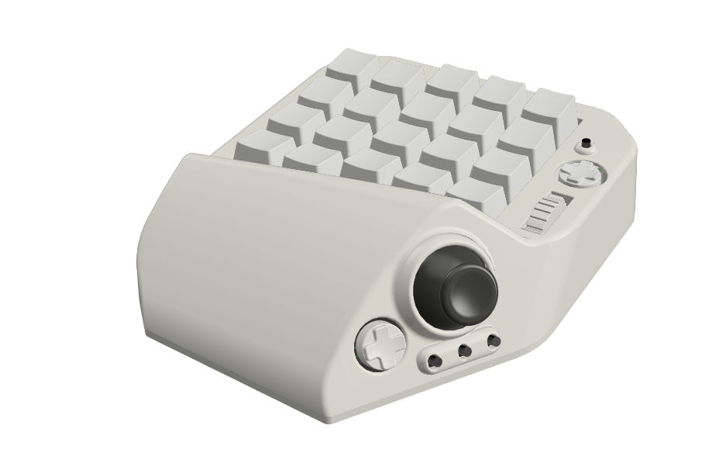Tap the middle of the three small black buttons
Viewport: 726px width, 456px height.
[465, 351]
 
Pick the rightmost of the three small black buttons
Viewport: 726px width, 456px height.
[493, 341]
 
